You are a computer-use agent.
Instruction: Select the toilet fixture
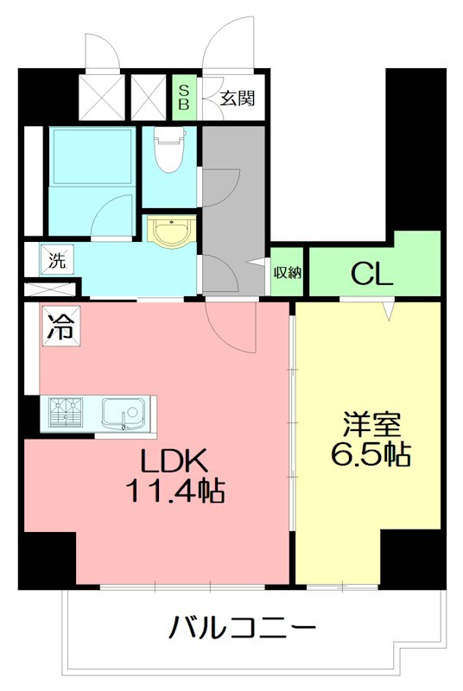click(169, 152)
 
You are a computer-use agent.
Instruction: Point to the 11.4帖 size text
click(174, 492)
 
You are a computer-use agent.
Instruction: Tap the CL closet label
click(372, 275)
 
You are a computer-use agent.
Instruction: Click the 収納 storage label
click(288, 274)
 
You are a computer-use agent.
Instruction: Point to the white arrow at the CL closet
click(388, 307)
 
